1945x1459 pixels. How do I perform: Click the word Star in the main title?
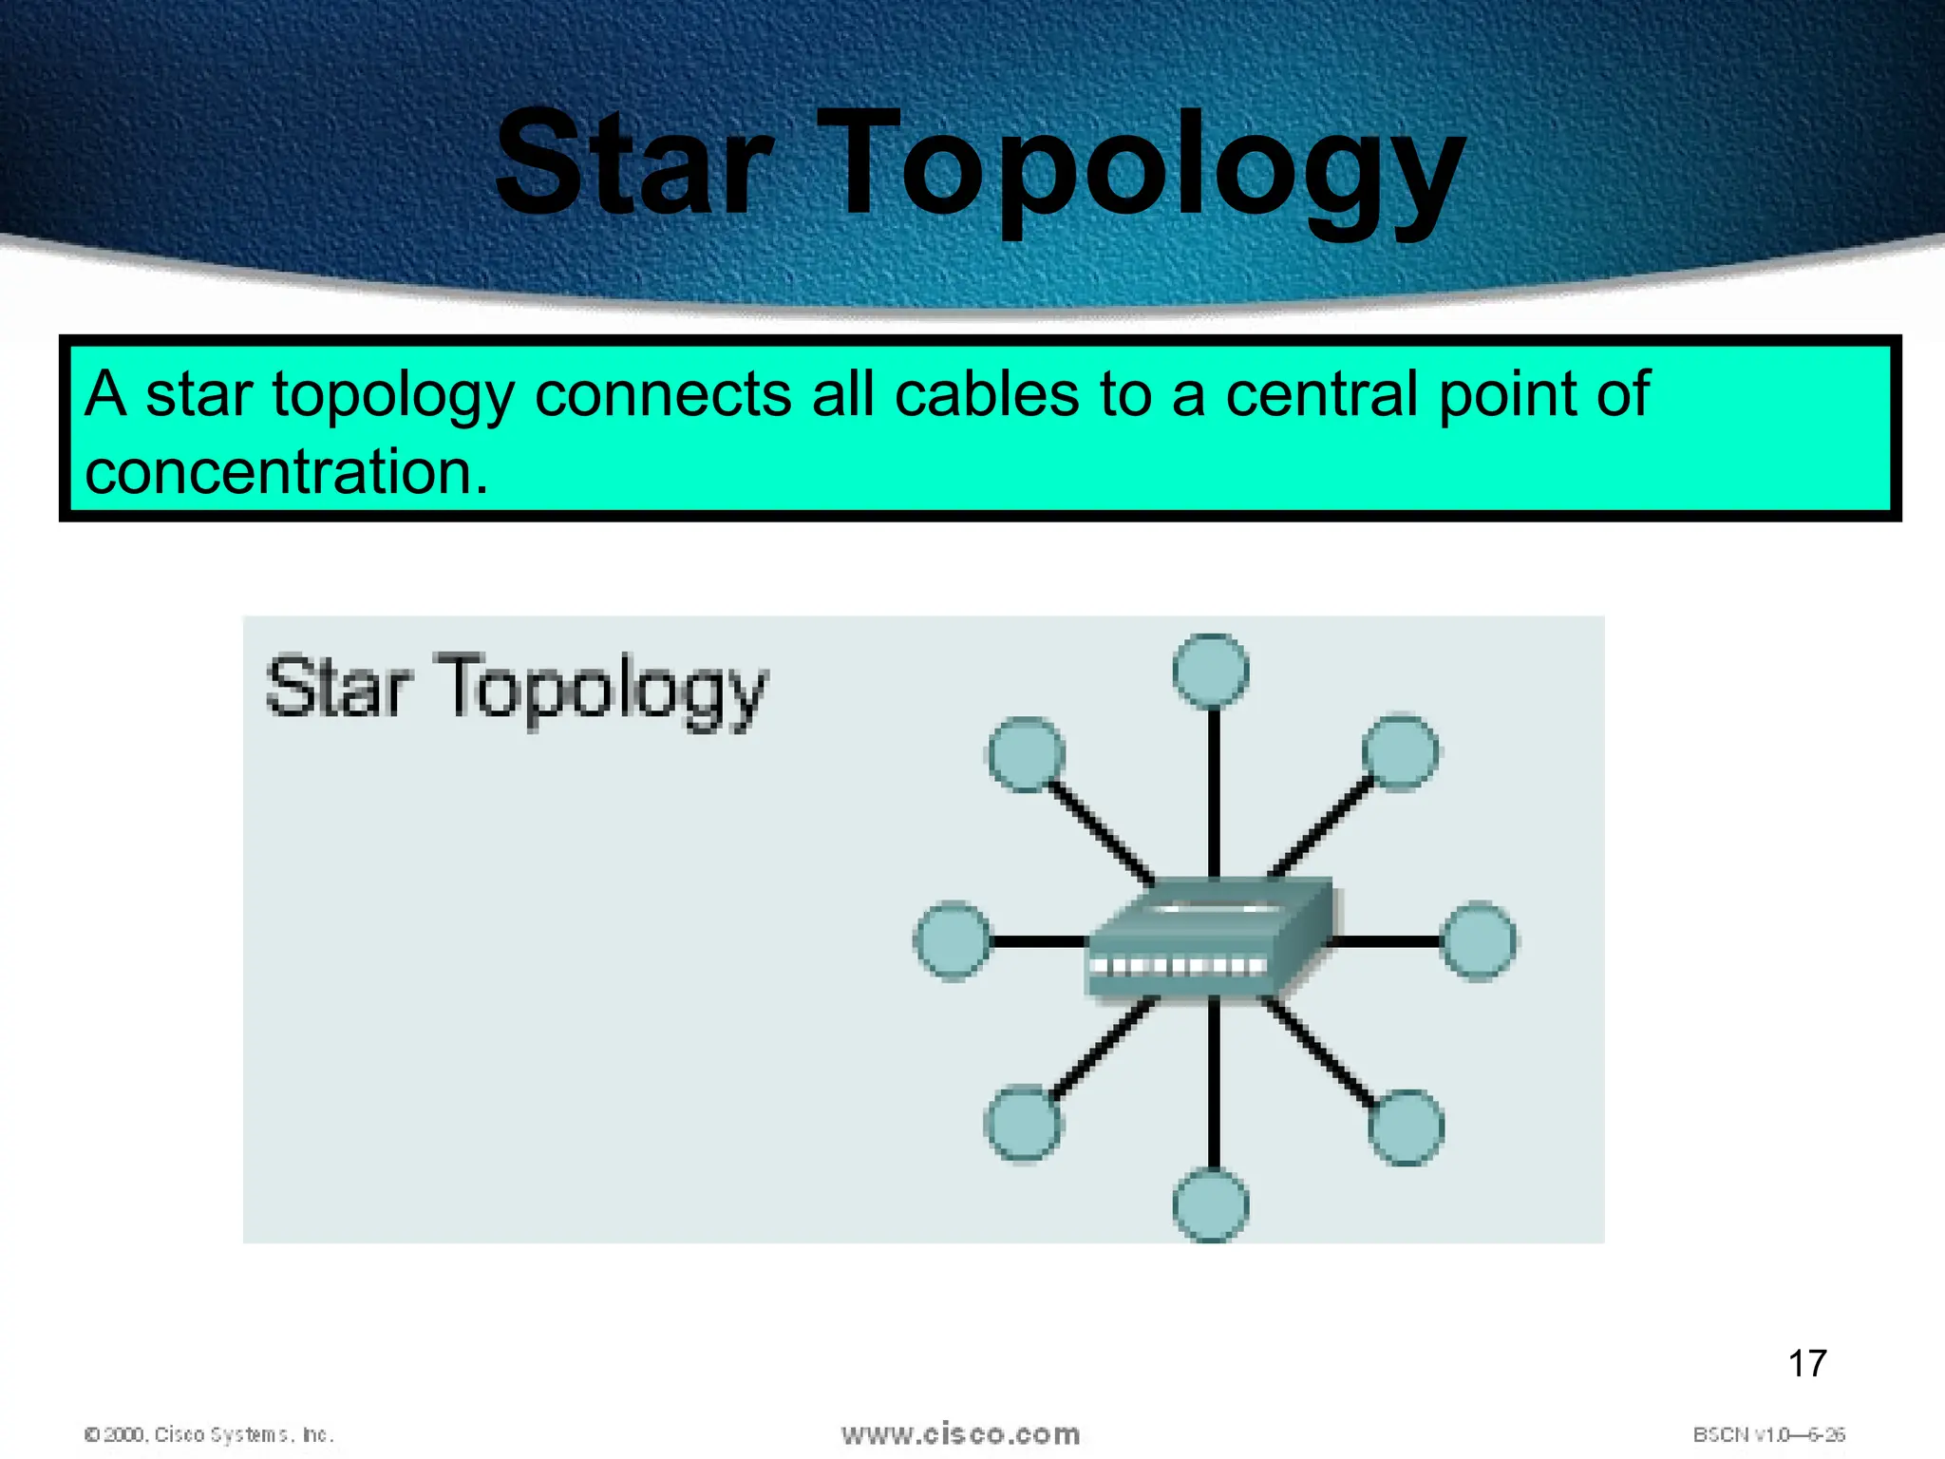click(x=634, y=163)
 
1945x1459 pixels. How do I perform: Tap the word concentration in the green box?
click(x=285, y=472)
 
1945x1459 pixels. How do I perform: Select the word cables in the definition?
click(x=987, y=393)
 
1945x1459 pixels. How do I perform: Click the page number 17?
click(x=1806, y=1364)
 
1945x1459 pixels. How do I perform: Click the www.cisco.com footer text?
click(x=960, y=1433)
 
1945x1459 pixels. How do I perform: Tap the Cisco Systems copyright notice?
click(x=209, y=1434)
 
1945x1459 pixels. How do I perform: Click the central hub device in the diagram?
click(x=1208, y=940)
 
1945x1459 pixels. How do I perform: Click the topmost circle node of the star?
click(x=1211, y=671)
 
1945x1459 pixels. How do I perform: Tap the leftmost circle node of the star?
click(x=952, y=940)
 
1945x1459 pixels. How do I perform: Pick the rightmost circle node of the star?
click(x=1479, y=940)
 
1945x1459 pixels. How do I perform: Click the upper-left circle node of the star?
click(x=1026, y=754)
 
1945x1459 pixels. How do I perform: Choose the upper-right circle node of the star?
click(x=1400, y=752)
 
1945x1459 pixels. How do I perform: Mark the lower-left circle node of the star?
click(x=1023, y=1125)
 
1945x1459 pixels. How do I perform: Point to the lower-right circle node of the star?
click(x=1406, y=1127)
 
